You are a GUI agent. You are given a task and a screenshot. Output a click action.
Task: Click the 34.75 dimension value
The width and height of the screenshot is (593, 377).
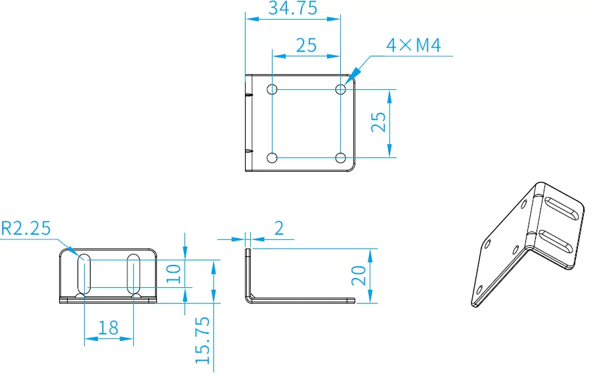click(292, 9)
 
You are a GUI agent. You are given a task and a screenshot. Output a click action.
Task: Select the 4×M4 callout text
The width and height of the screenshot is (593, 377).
click(413, 45)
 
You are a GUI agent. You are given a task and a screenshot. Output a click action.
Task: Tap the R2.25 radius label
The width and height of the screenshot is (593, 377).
click(26, 228)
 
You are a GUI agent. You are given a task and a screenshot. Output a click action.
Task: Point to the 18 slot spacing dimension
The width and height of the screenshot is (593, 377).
click(108, 328)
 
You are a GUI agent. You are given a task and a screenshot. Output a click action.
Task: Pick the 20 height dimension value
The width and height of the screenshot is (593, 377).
click(359, 275)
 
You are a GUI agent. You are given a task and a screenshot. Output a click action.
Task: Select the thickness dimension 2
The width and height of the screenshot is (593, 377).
click(278, 228)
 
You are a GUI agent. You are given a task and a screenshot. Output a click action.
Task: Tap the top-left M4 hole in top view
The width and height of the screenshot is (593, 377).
click(272, 89)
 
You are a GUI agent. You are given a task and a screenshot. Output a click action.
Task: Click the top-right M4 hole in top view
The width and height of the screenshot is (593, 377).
click(340, 89)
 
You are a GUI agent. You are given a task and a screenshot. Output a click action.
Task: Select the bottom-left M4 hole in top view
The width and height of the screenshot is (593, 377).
click(272, 157)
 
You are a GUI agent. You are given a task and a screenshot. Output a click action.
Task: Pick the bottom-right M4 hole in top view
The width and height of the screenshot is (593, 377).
click(340, 157)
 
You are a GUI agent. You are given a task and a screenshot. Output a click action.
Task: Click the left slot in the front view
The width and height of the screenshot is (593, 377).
click(85, 274)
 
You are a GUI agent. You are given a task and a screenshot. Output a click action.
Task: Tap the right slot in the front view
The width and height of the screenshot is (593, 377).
click(133, 274)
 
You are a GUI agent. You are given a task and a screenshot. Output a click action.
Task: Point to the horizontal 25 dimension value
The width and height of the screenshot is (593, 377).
click(306, 45)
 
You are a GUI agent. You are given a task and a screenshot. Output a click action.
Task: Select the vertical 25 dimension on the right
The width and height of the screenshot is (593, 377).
click(378, 123)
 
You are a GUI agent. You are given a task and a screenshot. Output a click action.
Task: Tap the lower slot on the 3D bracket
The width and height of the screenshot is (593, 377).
click(556, 241)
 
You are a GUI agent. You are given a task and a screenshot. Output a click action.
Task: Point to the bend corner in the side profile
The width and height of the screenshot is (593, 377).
click(250, 298)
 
